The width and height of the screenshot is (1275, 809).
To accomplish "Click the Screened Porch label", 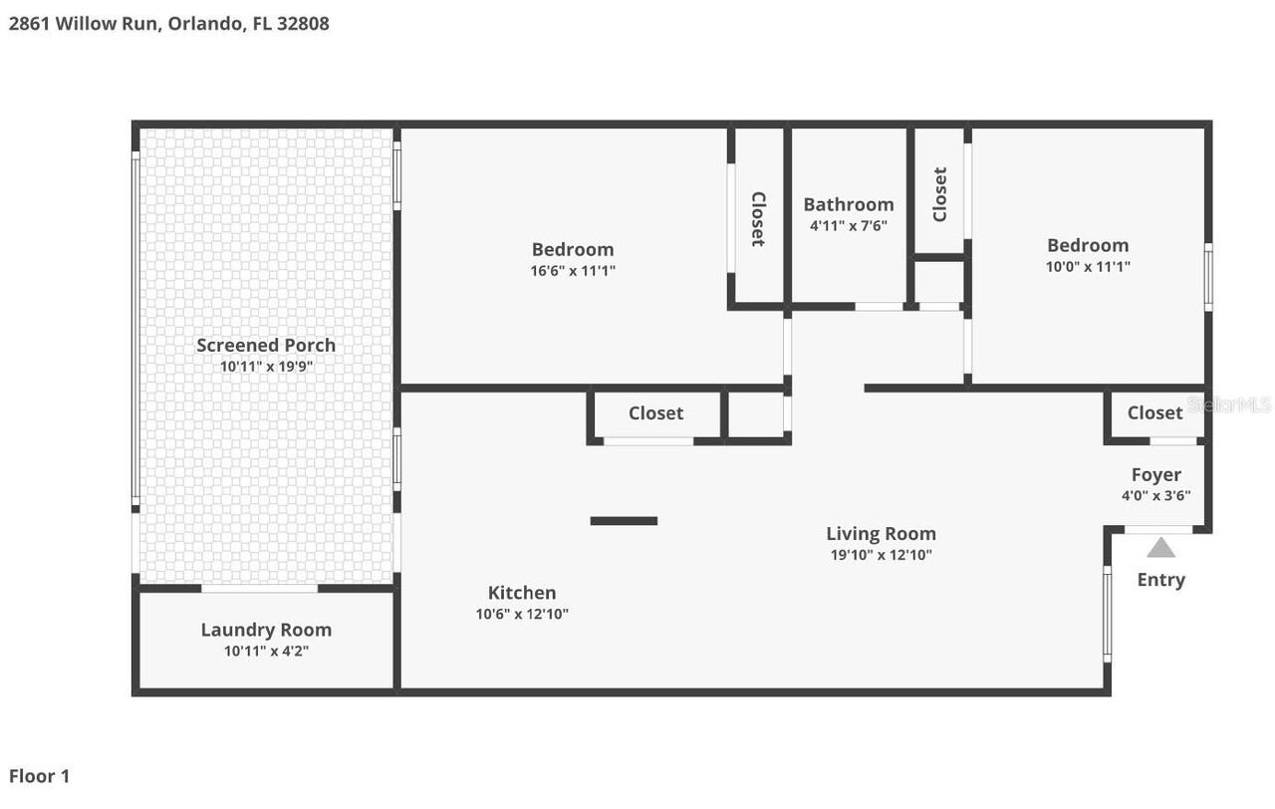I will click(266, 345).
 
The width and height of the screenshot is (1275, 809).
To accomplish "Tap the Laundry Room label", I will click(266, 630).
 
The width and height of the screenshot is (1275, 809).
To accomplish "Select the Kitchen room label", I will click(522, 593).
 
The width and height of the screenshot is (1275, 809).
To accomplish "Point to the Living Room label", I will click(881, 533).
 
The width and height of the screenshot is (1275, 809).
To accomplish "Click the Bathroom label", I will click(849, 204).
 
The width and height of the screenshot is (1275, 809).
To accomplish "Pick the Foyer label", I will click(1155, 475).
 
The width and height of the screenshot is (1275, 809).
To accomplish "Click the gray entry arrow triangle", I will click(1160, 548).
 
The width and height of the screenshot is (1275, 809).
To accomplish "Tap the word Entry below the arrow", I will click(1160, 580).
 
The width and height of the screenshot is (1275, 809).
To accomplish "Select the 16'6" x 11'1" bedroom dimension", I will click(573, 270).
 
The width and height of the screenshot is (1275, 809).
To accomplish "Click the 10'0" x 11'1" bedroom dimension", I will click(1088, 266).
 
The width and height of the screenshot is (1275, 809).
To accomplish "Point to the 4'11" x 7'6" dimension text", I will click(849, 226).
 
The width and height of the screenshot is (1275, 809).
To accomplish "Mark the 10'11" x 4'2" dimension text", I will click(266, 652).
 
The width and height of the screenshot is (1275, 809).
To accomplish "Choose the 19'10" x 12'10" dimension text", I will click(881, 555).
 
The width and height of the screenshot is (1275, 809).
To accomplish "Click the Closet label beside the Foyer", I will click(1154, 412).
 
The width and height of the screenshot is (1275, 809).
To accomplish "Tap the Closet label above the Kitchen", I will click(655, 412).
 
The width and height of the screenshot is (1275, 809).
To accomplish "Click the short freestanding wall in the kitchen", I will click(624, 520).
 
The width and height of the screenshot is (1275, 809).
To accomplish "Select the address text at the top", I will click(169, 23).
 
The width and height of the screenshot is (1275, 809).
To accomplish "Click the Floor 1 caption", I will click(40, 776).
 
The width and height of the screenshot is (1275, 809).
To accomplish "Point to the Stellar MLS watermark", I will click(1230, 405).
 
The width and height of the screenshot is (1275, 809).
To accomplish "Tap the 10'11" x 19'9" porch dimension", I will click(266, 367).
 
